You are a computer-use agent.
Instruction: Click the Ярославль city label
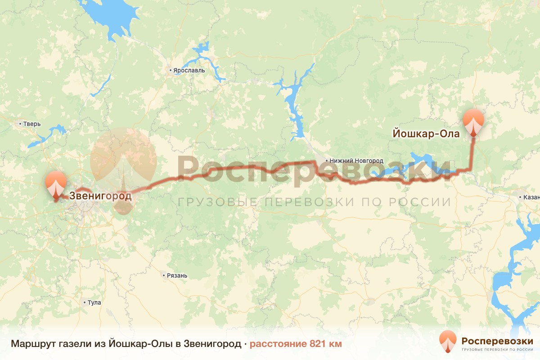click(189, 71)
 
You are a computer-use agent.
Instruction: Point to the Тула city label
click(94, 302)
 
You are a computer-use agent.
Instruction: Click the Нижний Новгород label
click(356, 161)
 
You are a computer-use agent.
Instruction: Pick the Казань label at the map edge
click(530, 198)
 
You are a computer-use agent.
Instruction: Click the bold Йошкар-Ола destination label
click(426, 134)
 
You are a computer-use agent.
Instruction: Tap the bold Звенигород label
click(100, 196)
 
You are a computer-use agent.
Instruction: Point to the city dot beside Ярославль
click(171, 71)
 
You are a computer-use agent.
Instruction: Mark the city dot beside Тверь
click(20, 124)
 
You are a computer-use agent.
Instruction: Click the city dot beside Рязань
click(164, 275)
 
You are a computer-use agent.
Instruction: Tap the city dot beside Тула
click(84, 302)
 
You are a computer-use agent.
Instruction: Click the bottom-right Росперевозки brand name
click(497, 340)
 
